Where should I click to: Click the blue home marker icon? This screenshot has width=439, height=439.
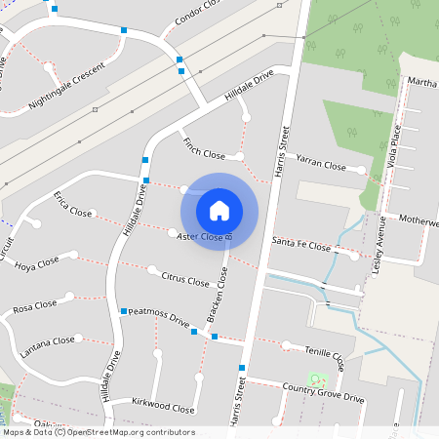coord(219,210)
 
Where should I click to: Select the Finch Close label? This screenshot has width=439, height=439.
coord(204,148)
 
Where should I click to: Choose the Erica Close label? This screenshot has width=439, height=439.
coord(73,204)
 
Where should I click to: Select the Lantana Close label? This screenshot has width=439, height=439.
coord(50,340)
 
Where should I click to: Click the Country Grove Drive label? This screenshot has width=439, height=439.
coord(323,393)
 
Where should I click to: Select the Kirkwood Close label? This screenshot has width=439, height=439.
coord(163,404)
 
